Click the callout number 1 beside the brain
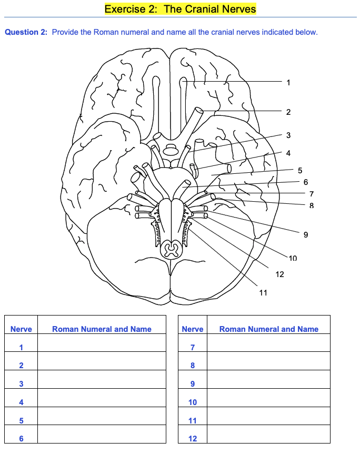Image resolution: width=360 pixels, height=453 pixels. point(288,82)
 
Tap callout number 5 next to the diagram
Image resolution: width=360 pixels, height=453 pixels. point(300,170)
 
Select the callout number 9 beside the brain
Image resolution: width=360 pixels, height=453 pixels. point(306,234)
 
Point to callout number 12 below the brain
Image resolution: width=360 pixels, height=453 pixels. point(279,274)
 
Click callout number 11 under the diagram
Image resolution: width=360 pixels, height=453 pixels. point(263,293)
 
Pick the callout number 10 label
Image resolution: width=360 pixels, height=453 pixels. point(293,258)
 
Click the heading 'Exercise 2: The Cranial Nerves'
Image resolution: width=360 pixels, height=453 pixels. point(180,9)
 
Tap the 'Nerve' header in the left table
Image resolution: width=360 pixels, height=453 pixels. point(21,329)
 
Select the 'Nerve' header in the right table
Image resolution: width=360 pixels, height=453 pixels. point(192,329)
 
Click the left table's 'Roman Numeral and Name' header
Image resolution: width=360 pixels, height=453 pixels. point(102,329)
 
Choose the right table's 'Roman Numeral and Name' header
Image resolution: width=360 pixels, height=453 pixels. point(268,329)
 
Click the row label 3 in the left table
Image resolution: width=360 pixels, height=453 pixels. point(21,384)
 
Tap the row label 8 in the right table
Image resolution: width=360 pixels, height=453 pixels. point(192,366)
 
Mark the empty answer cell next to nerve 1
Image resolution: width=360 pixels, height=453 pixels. point(102,347)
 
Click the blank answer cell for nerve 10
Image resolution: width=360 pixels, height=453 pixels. point(268,402)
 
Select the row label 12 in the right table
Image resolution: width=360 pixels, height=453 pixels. point(192,438)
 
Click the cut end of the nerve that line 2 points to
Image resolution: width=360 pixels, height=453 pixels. point(199,111)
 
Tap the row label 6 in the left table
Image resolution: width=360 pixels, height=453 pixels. point(21,438)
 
